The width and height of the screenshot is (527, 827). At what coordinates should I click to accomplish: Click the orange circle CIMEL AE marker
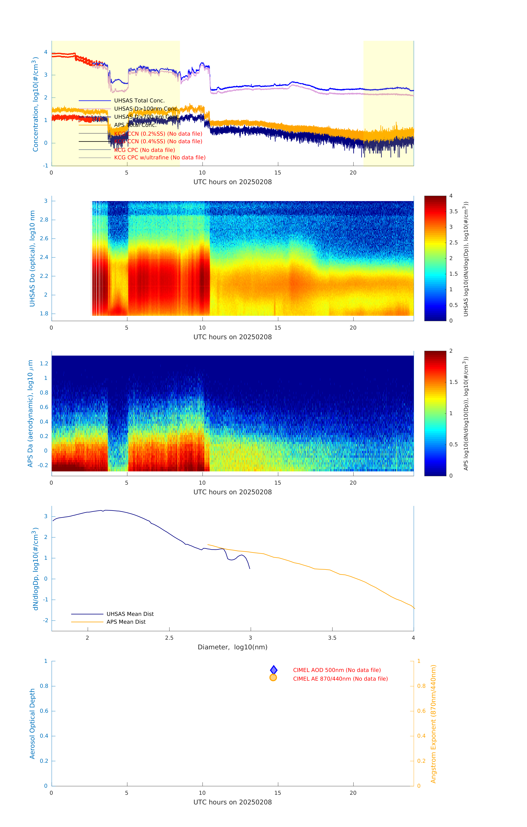coord(273,678)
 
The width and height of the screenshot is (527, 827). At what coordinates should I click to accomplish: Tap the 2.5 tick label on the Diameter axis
coord(169,638)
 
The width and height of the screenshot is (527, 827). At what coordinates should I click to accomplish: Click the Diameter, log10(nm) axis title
coord(232,647)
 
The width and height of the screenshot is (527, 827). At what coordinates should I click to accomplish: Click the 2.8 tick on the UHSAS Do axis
coord(44,220)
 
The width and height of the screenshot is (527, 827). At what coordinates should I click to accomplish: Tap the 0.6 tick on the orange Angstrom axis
coord(421,711)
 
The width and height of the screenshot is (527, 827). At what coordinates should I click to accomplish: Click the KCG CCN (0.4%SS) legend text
coord(158,142)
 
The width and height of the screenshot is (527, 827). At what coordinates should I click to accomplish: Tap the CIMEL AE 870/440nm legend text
coord(340,679)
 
